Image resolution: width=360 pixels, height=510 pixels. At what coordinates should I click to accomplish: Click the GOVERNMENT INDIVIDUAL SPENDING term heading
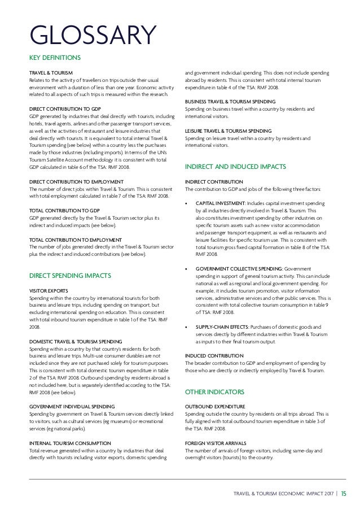coord(72,406)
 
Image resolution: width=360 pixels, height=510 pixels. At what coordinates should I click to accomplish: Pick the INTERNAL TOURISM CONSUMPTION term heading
coord(70,443)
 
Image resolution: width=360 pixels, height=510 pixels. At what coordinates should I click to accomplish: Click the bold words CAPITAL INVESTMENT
coord(220,203)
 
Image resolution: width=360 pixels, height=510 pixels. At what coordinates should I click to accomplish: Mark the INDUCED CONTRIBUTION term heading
coord(214,355)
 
